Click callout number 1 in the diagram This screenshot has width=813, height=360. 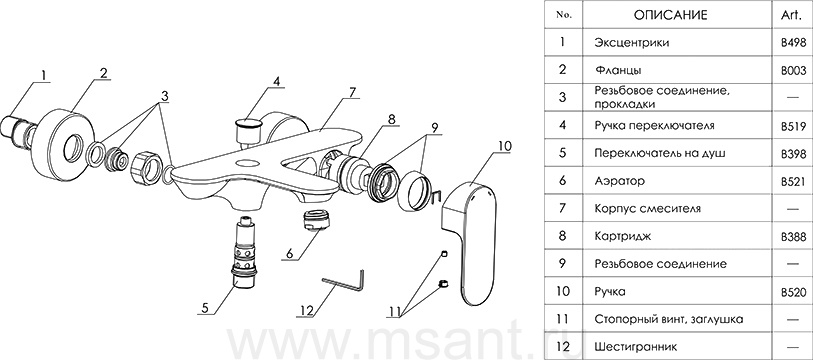pos(44,76)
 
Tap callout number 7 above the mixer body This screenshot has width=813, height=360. pos(353,93)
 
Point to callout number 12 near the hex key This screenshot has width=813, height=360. pos(307,311)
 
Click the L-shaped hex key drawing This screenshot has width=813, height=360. pos(344,282)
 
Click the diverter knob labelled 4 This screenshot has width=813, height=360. pos(248,130)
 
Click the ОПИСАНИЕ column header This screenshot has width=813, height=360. pos(670,16)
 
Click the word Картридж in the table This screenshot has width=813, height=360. pos(623,237)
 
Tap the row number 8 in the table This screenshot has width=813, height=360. pos(563,237)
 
